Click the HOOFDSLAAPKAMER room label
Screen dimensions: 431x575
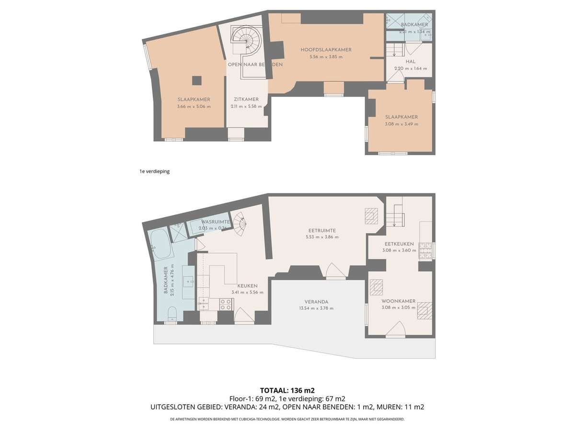(326, 50)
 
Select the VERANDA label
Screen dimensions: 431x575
(316, 302)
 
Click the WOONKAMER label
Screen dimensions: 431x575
(398, 301)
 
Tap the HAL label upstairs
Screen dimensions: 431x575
(410, 62)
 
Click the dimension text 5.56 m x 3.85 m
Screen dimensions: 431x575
(326, 57)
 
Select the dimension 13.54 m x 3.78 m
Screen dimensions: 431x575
(316, 308)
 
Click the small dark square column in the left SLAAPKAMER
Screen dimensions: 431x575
(197, 80)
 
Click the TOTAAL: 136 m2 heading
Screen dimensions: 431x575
(287, 390)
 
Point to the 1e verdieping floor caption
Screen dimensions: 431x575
(154, 171)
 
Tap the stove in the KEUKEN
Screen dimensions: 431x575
(226, 303)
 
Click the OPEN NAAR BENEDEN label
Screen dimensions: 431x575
(255, 64)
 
